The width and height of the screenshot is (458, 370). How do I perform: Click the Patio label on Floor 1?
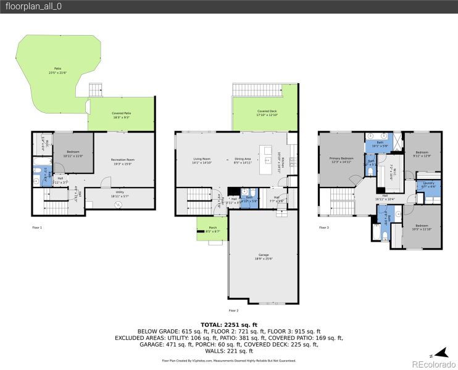[57, 70]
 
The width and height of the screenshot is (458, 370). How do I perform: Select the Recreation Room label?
[122, 162]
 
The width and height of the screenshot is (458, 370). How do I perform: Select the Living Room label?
[202, 160]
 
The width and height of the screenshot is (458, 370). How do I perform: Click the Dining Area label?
[243, 160]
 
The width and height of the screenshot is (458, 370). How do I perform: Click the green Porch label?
[213, 229]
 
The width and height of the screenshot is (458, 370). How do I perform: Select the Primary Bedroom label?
[340, 160]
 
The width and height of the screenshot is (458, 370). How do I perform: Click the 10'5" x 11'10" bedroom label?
[422, 227]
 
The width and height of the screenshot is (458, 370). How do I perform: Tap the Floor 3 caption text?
[324, 228]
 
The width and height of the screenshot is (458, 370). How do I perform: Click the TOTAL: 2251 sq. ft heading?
[228, 324]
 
